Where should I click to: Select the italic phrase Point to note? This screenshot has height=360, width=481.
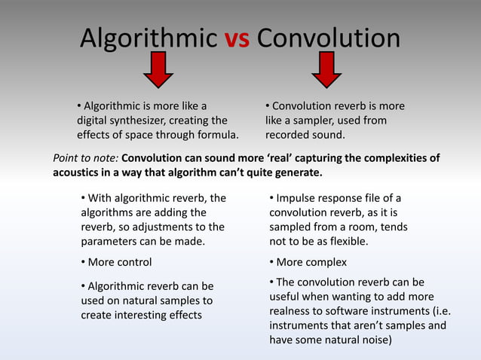(x=85, y=158)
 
